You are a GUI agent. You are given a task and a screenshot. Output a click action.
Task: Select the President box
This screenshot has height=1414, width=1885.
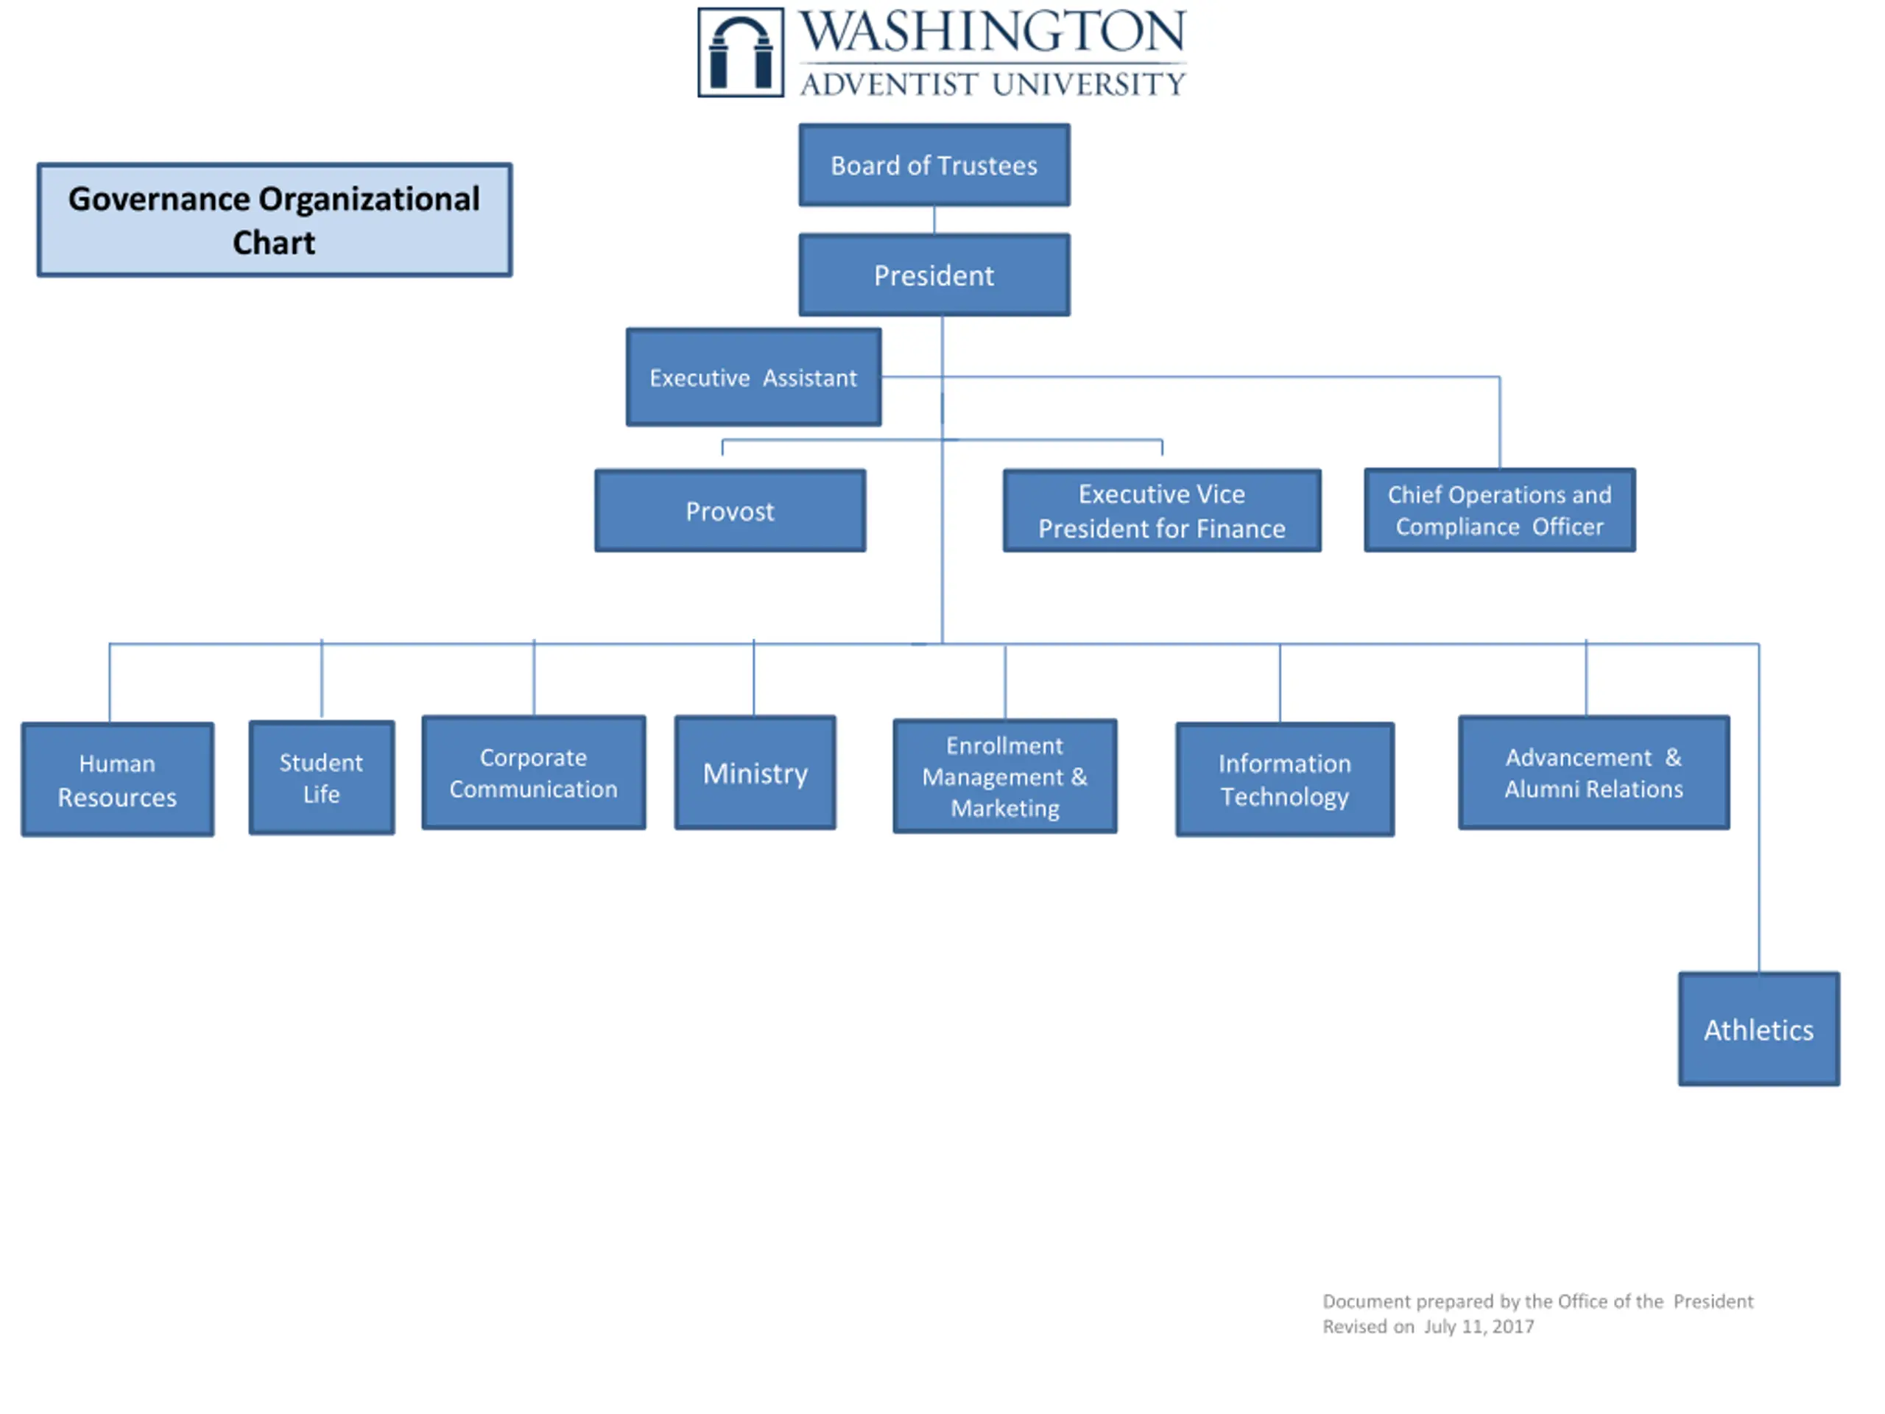point(934,275)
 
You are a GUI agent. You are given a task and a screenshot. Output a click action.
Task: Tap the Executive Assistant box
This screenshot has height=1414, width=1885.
point(753,377)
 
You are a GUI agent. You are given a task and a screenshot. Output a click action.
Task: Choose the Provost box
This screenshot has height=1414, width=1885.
point(730,510)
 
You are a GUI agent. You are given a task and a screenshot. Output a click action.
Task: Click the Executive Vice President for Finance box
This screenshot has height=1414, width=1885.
point(1161,510)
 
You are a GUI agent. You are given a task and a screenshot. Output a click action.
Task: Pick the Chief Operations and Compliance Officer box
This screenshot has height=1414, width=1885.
point(1499,510)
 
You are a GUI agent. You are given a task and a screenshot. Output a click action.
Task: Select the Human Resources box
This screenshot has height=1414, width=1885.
point(118,779)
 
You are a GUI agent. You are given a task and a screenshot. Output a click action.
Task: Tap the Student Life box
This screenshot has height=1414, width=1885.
point(321,777)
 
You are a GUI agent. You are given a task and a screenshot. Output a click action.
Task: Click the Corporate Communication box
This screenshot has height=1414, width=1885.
point(533,773)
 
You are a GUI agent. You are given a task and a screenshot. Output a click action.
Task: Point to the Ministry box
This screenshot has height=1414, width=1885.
point(755,773)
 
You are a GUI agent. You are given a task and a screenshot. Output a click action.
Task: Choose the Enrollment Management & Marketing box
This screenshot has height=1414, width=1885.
point(1004,775)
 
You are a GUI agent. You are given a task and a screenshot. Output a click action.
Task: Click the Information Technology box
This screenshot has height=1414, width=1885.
point(1284,779)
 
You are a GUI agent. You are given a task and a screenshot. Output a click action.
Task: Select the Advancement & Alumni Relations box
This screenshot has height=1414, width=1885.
point(1593,773)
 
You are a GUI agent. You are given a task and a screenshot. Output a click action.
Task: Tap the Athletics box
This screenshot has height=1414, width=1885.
point(1758,1029)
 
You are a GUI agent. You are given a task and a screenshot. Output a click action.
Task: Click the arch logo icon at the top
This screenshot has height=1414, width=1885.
point(741,52)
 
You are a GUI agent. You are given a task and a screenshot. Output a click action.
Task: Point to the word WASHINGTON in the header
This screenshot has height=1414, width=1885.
point(992,32)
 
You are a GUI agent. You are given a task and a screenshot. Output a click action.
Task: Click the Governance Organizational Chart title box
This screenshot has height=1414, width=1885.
point(275,220)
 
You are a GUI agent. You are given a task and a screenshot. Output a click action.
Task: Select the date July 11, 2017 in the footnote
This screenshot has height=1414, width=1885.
point(1479,1326)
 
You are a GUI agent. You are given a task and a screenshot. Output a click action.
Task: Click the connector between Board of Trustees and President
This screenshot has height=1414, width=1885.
point(934,220)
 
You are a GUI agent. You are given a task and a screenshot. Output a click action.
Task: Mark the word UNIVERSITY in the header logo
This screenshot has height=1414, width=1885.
point(1089,83)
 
